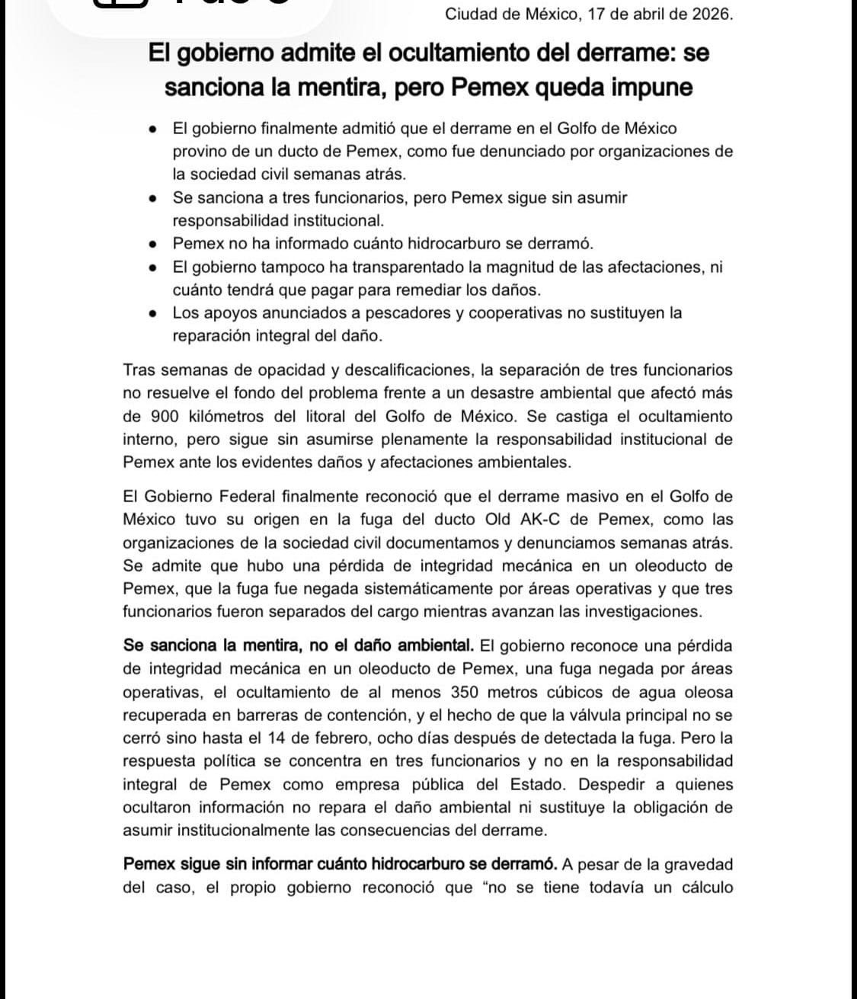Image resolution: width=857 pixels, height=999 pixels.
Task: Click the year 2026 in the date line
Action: coord(713,14)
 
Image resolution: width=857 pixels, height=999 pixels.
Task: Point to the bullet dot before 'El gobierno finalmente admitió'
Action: coord(154,129)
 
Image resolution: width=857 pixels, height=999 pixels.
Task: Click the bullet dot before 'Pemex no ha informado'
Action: coord(154,245)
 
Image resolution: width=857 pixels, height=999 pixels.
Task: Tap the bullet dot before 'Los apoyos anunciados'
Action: coord(154,313)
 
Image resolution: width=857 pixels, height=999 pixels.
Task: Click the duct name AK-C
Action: coord(561,520)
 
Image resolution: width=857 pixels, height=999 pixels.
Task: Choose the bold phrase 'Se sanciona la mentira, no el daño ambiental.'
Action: coord(298,646)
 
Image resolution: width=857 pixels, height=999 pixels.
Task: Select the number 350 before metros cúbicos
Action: coord(465,693)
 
